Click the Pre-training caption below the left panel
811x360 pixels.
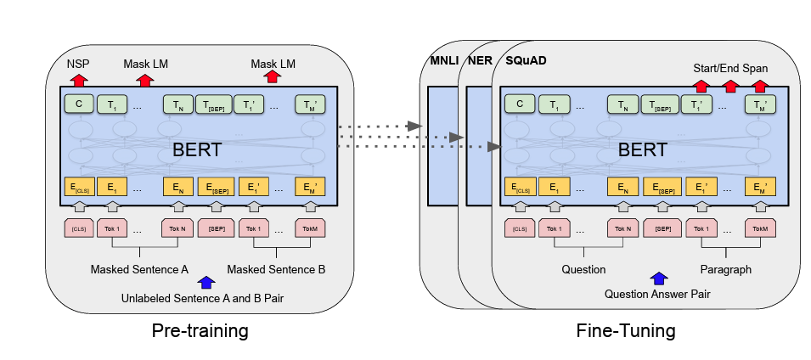pyautogui.click(x=200, y=329)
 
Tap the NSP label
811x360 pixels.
pyautogui.click(x=78, y=64)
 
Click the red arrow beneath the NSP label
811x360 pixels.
pyautogui.click(x=78, y=79)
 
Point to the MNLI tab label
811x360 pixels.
pyautogui.click(x=442, y=64)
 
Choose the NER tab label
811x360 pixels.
pyautogui.click(x=480, y=64)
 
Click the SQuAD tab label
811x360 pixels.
pyautogui.click(x=527, y=64)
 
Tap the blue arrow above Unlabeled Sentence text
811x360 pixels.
pyautogui.click(x=204, y=282)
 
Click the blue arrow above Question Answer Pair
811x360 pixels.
pyautogui.click(x=657, y=278)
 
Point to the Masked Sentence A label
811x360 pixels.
pyautogui.click(x=140, y=269)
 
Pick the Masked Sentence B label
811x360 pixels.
pyautogui.click(x=276, y=269)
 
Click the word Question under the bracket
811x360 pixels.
pyautogui.click(x=583, y=269)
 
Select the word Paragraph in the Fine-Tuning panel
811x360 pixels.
pyautogui.click(x=726, y=269)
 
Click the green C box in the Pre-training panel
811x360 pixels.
pyautogui.click(x=78, y=104)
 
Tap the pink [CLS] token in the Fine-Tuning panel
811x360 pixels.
pyautogui.click(x=519, y=228)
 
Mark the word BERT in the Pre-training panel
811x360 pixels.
pyautogui.click(x=197, y=150)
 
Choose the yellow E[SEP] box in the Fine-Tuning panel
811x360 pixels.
pyautogui.click(x=659, y=188)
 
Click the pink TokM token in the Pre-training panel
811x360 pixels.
pyautogui.click(x=310, y=228)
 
